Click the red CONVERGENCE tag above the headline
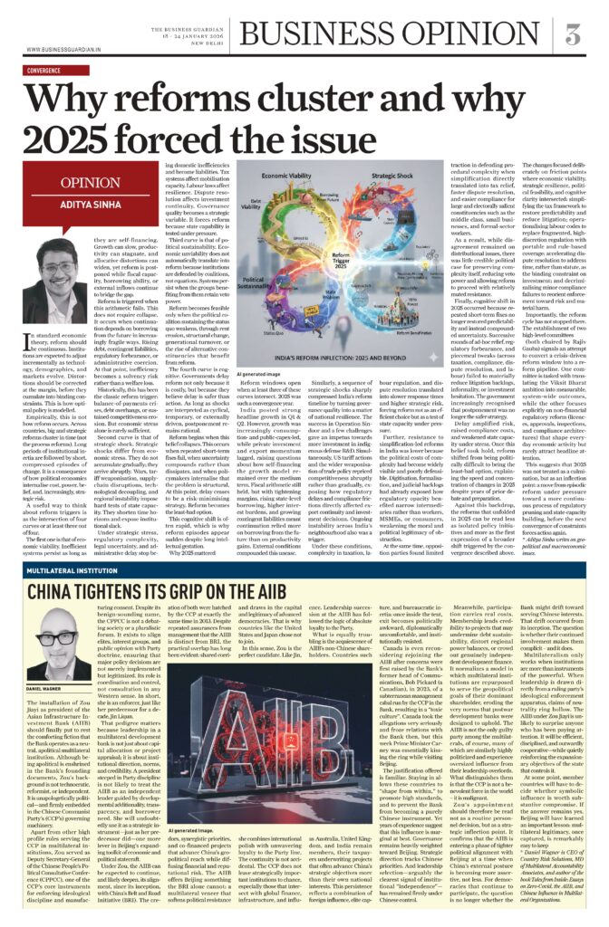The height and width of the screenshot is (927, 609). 50,69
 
